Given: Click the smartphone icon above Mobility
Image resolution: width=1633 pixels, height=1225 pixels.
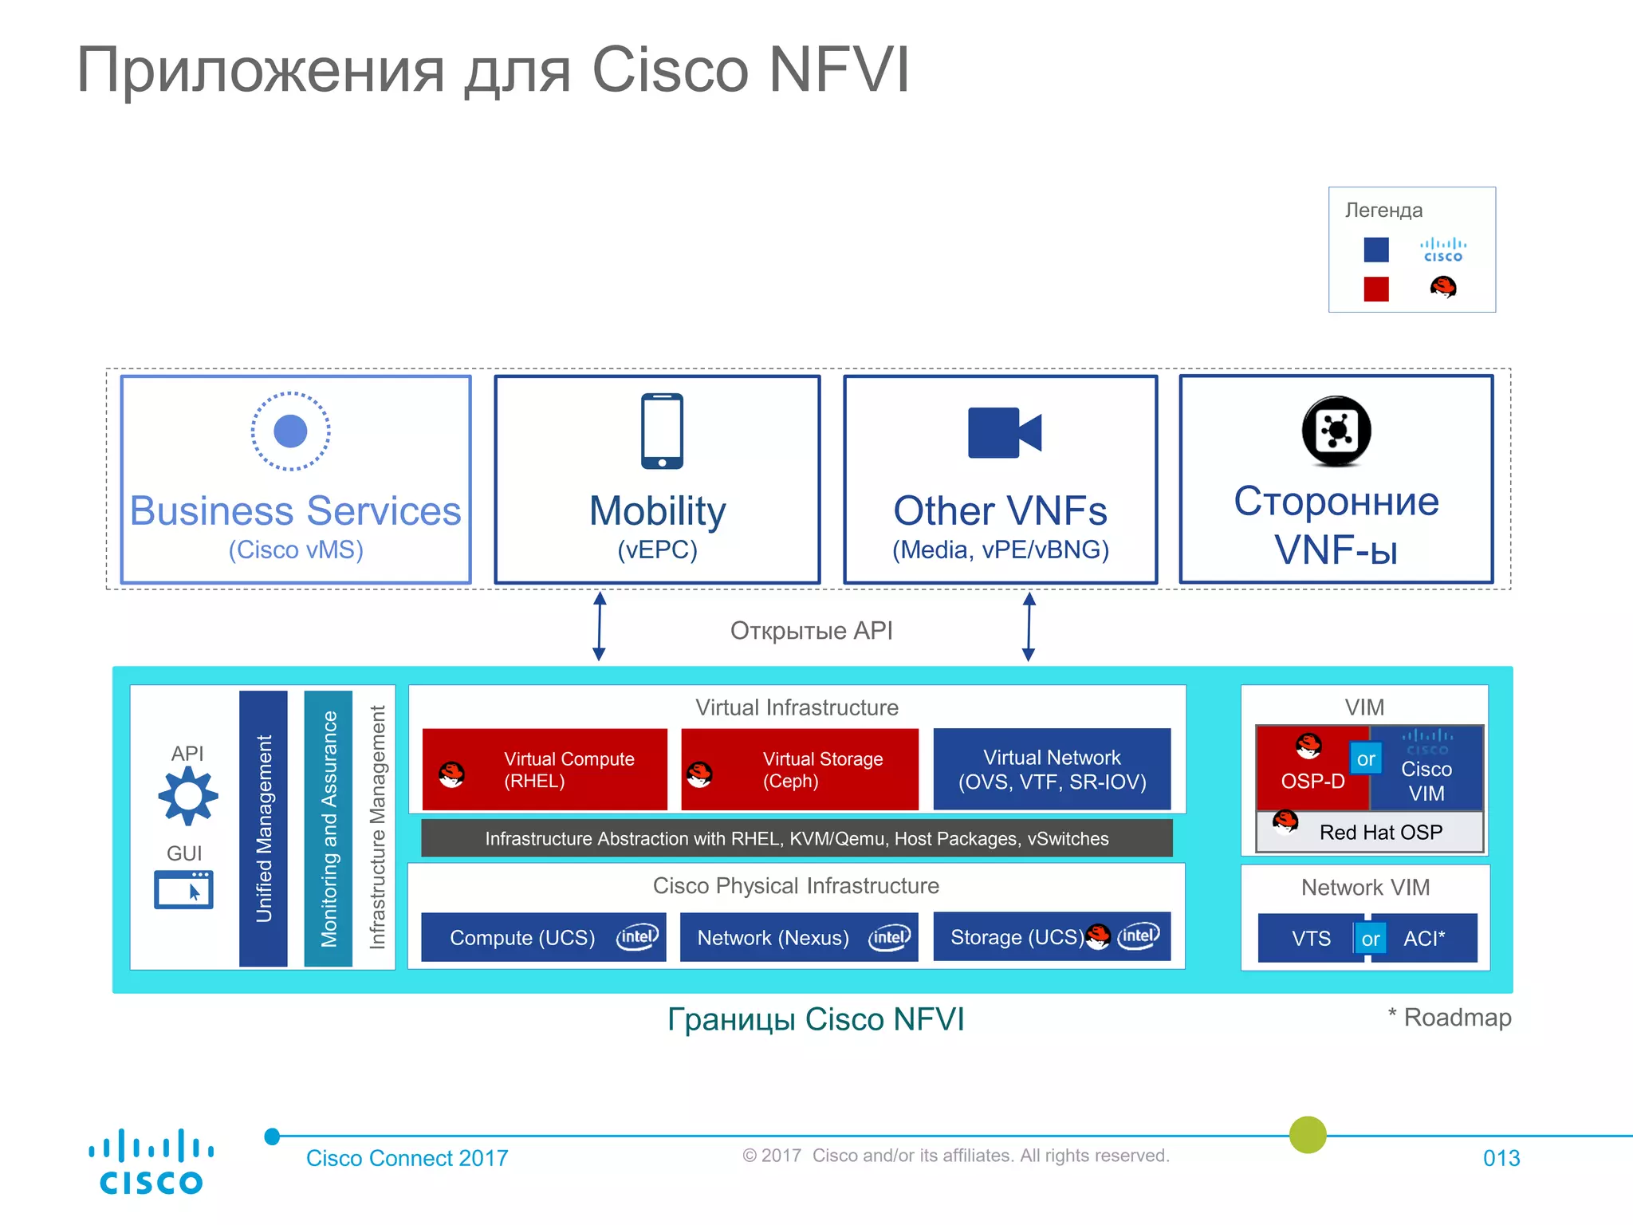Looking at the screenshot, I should coord(662,431).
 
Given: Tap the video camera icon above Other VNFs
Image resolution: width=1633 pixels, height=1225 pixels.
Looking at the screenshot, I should coord(1004,433).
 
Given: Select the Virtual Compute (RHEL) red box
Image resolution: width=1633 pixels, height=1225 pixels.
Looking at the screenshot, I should coord(545,770).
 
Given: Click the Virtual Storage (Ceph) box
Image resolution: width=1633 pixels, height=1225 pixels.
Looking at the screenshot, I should coord(800,770).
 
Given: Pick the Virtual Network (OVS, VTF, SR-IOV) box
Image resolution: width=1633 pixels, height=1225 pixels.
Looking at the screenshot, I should coord(1052,770).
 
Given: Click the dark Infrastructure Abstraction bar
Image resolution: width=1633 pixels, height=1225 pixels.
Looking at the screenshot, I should coord(797,838).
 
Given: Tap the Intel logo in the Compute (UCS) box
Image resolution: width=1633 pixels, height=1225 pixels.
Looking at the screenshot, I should coord(637,937).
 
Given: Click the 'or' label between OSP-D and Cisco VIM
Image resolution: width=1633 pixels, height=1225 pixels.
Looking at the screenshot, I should coord(1366,759).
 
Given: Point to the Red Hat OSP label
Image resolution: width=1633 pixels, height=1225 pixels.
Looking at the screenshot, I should coord(1380,832).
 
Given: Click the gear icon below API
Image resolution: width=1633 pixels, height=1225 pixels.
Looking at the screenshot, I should coord(188,795).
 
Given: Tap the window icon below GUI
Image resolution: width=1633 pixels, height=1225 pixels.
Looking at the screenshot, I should coord(184,890).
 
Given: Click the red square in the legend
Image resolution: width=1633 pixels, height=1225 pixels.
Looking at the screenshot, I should coord(1376,289).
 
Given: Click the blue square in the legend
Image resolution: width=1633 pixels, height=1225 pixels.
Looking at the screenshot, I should coord(1376,250).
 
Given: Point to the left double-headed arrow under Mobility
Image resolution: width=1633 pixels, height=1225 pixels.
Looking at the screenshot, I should coord(600,626).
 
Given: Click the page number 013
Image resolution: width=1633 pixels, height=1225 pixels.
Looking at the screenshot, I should coord(1501,1158).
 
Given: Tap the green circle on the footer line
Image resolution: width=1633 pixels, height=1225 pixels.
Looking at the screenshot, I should coord(1308,1135).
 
